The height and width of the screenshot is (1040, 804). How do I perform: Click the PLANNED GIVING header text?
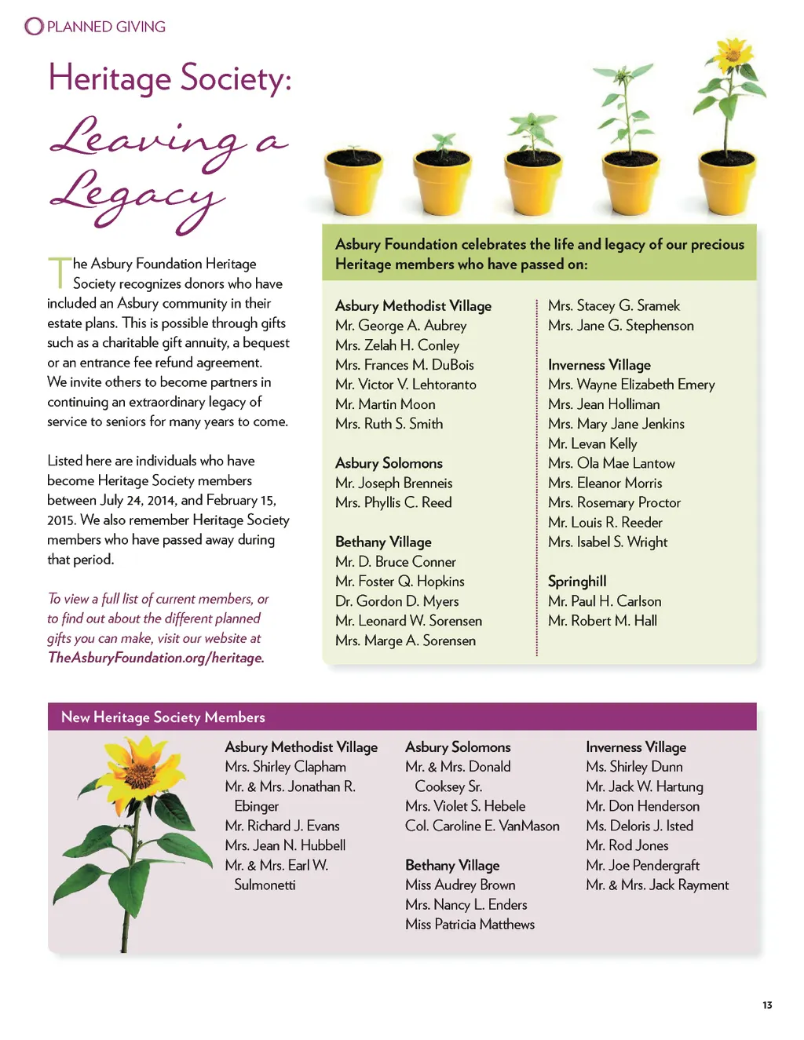[x=106, y=27]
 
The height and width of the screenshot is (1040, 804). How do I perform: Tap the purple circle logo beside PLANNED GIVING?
[x=34, y=27]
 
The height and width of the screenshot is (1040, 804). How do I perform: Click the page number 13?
[x=767, y=1005]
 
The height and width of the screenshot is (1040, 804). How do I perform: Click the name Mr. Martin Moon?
[x=385, y=404]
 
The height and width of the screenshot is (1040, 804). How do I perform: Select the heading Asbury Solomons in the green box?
[x=389, y=463]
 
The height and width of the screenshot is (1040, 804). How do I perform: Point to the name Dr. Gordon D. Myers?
[x=397, y=601]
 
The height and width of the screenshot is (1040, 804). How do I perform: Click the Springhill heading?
[x=577, y=582]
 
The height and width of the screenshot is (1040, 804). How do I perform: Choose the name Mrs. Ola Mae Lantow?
[x=611, y=463]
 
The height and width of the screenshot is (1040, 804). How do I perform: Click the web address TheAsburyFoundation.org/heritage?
[x=155, y=658]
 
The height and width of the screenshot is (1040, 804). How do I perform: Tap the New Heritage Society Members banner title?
[x=163, y=717]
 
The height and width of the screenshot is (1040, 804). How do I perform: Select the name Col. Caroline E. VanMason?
[x=482, y=826]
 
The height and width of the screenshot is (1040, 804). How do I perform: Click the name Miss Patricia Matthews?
[x=470, y=925]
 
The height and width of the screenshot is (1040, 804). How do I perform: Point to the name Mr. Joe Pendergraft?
[x=642, y=865]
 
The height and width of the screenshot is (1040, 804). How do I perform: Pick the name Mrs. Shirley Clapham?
[x=285, y=767]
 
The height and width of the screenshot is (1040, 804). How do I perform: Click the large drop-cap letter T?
[x=59, y=272]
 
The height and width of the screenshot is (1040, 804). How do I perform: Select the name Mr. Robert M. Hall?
[x=602, y=621]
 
